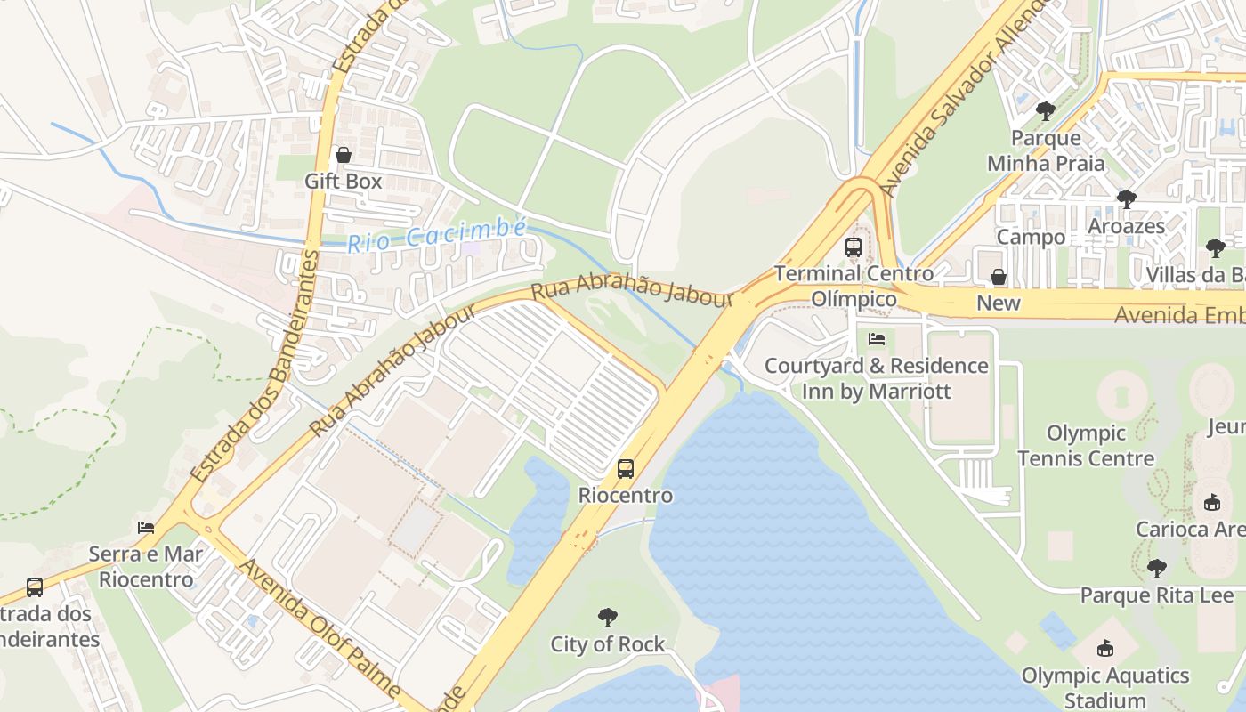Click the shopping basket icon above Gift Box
coord(344,155)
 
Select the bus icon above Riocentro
coord(626,468)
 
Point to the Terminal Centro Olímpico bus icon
coord(854,247)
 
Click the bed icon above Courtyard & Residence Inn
coord(877,339)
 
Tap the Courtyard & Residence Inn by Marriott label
coord(877,378)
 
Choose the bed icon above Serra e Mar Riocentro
coord(146,527)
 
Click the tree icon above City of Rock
coord(608,617)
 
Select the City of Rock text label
coord(608,644)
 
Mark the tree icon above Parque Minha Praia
coord(1046,111)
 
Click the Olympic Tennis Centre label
coord(1086,446)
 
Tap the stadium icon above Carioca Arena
coord(1211,502)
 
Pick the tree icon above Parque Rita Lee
coord(1156,568)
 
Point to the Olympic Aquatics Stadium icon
coord(1105,648)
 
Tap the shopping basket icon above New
coord(999,277)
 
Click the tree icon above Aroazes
coord(1126,198)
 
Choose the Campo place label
coord(1031,237)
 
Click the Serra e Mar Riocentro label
coord(146,567)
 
